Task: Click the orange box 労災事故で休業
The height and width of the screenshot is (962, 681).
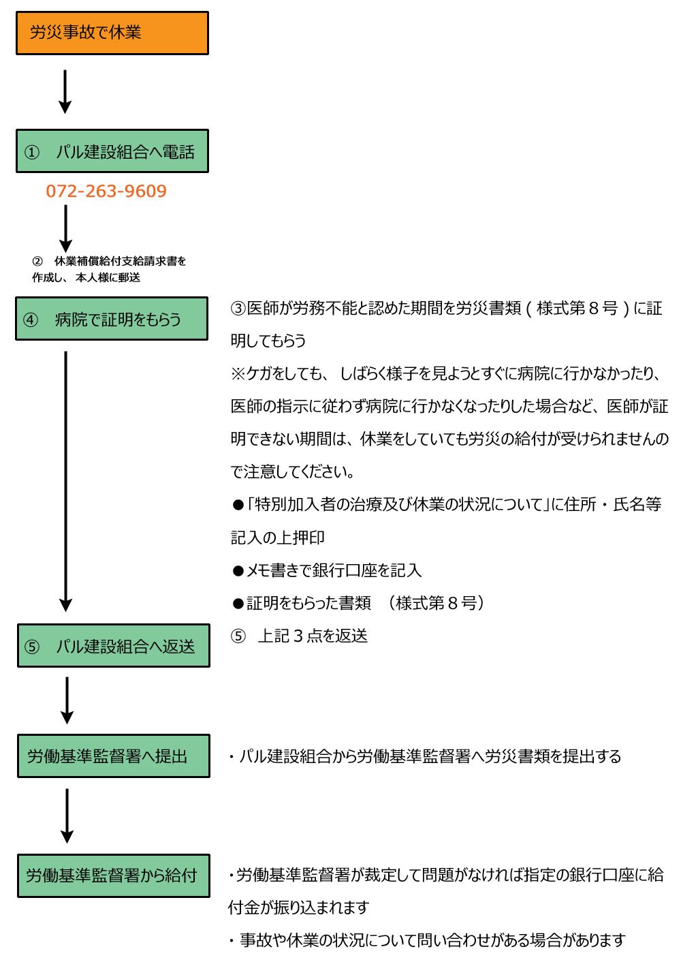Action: pos(112,33)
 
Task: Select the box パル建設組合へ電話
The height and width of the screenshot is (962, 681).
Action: pos(112,151)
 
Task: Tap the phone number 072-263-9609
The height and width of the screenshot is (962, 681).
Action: pos(106,191)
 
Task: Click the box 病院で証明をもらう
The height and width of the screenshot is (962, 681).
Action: pos(112,319)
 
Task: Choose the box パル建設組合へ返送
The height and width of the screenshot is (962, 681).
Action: pos(113,646)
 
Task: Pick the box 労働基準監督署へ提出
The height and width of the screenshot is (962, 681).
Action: pos(113,756)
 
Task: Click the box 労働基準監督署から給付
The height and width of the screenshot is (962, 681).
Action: pos(113,875)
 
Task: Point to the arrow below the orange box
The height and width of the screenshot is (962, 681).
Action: pos(65,91)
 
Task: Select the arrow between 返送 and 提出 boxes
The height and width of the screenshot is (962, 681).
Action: pos(67,700)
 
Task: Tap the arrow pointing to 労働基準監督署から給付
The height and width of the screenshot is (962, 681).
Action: pos(67,815)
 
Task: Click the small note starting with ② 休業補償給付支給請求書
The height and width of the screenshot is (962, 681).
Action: pos(109,269)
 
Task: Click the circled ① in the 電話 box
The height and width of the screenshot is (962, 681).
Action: pos(32,152)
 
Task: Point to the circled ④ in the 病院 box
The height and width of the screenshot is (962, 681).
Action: pos(31,320)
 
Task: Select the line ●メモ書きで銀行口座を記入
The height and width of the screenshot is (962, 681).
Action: pos(327,570)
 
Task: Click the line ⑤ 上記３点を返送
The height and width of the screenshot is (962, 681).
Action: pos(300,636)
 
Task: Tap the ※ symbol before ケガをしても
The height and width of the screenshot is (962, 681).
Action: pos(238,374)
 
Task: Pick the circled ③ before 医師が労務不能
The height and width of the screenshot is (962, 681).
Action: pos(238,309)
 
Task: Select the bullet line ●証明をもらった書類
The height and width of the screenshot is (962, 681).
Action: pos(358,603)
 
